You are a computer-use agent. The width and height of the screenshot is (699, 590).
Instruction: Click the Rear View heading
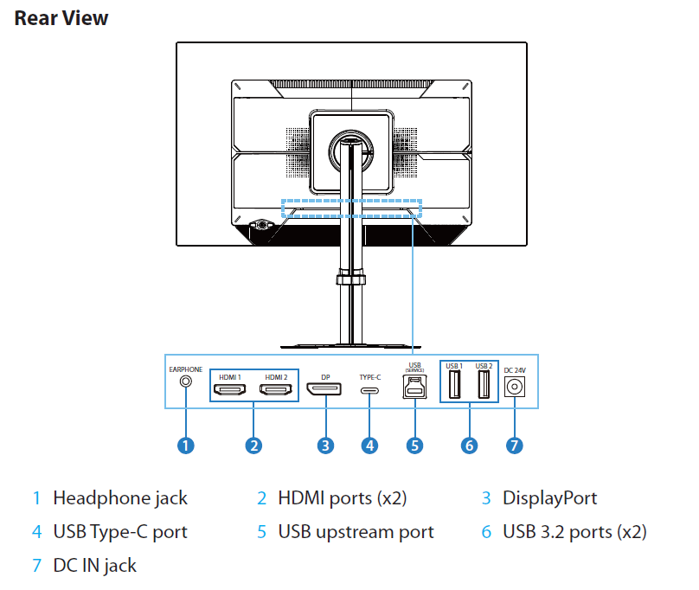coord(61,17)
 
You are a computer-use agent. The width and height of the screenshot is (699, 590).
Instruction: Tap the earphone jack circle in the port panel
coord(184,379)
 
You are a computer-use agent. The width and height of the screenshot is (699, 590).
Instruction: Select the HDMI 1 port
coord(230,391)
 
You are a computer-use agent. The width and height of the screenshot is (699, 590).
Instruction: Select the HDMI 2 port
coord(277,391)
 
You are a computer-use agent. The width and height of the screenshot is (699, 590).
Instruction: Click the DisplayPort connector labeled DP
coord(325,391)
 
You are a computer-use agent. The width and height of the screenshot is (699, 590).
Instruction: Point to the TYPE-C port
coord(370,391)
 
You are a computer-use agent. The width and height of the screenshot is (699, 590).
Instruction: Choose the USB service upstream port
coord(414,388)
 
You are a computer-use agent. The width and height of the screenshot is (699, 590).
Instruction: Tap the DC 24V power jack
coord(515,387)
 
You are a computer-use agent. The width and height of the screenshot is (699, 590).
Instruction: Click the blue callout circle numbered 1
coord(184,446)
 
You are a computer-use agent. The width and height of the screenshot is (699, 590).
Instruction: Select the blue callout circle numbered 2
coord(253,446)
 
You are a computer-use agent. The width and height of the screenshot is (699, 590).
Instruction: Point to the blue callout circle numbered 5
coord(415,446)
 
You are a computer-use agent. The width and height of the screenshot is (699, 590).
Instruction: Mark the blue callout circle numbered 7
coord(515,446)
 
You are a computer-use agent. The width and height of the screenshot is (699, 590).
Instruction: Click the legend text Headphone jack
coord(119,498)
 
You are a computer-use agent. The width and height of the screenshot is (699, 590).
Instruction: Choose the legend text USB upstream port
coord(356,531)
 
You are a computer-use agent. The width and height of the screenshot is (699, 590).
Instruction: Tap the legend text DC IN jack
coord(94,566)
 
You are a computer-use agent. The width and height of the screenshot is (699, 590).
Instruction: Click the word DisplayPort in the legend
coord(549,498)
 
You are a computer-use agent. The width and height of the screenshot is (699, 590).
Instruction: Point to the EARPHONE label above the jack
coord(184,369)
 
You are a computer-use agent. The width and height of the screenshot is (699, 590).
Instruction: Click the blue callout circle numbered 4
coord(370,446)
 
